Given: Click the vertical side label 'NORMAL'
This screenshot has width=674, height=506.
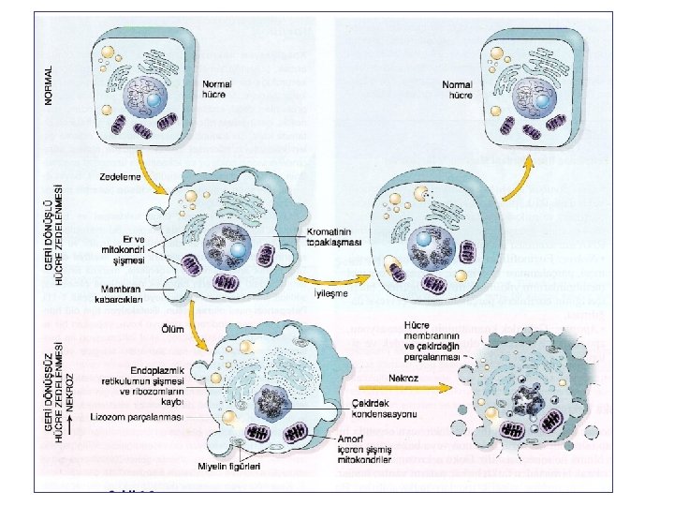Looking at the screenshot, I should click(x=50, y=83).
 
